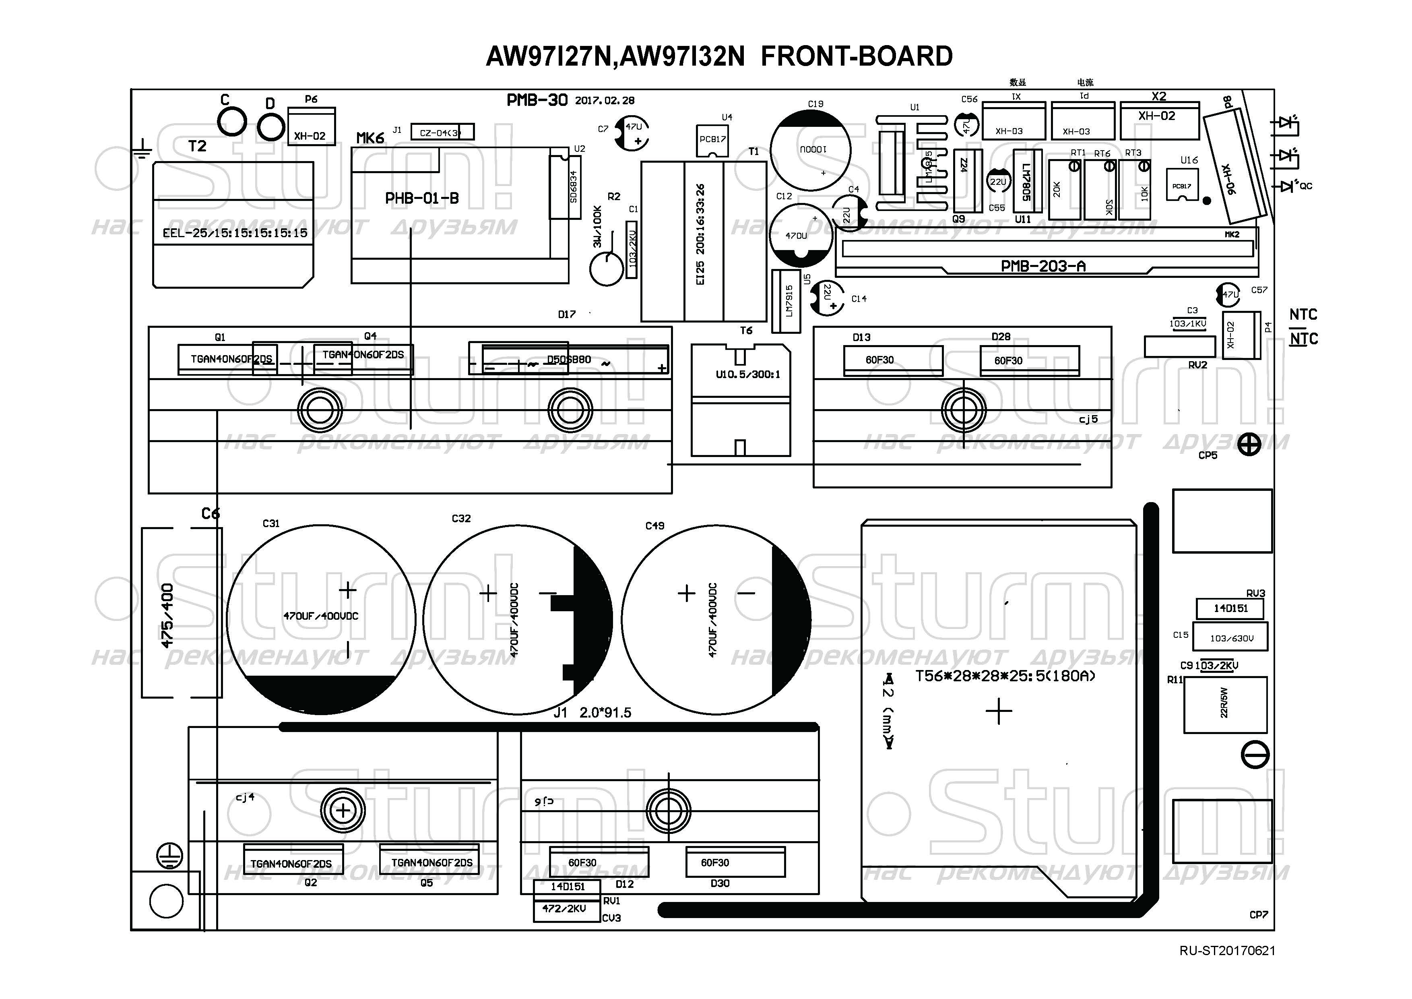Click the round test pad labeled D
coord(270,127)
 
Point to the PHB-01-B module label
coord(422,198)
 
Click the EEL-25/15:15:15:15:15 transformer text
coord(235,233)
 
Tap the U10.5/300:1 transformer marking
coord(748,374)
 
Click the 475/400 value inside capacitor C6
coord(167,616)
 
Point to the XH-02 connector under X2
coord(1157,116)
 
